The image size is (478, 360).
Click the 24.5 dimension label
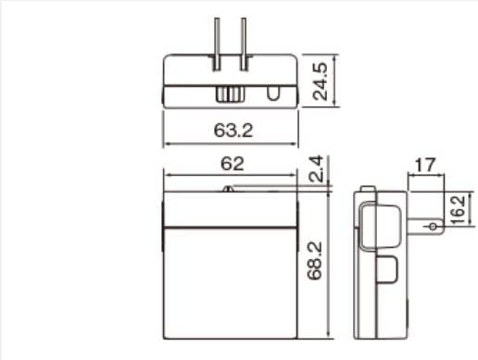[x=320, y=81]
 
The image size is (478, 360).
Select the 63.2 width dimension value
[x=233, y=130]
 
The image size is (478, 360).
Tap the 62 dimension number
[x=233, y=164]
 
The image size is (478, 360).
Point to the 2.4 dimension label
[x=316, y=168]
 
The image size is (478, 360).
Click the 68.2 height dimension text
[x=315, y=261]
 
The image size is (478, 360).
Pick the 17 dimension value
[x=425, y=165]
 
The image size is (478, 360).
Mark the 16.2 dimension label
[x=458, y=209]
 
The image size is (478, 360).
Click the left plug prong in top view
[x=217, y=44]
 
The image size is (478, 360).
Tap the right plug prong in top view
[x=244, y=44]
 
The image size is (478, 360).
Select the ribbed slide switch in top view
[x=229, y=94]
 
